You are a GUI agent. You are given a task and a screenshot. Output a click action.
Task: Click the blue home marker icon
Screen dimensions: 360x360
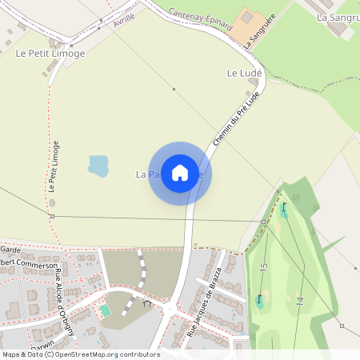click(180, 173)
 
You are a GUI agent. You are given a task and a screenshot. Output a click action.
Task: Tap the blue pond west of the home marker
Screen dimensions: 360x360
click(98, 166)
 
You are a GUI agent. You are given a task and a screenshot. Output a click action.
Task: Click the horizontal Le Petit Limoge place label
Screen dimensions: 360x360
click(50, 54)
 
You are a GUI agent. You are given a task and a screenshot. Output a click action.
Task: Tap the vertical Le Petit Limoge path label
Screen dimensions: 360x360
click(53, 167)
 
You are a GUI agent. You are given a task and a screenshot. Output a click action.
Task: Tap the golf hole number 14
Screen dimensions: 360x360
click(300, 303)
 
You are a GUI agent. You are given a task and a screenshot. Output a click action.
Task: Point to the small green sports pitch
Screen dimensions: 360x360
click(105, 310)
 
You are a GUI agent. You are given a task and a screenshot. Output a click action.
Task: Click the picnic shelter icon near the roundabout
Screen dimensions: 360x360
click(146, 303)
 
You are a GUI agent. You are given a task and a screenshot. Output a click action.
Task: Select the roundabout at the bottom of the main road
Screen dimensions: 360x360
click(170, 310)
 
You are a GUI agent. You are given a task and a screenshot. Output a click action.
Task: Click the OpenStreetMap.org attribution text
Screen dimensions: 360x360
click(108, 354)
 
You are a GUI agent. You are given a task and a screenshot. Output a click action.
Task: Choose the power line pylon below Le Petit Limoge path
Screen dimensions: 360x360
click(52, 216)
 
